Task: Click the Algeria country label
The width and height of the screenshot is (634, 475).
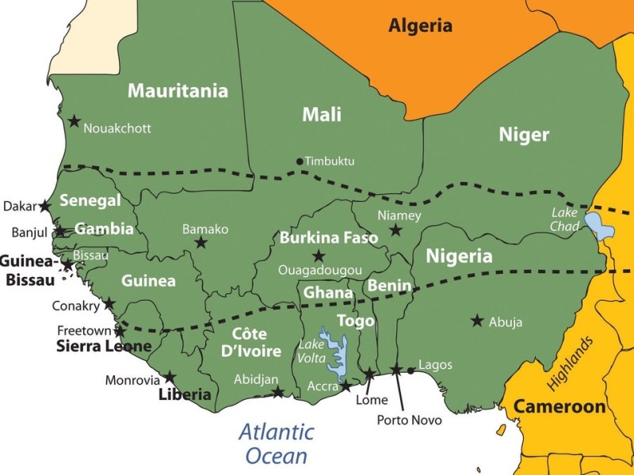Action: click(x=420, y=25)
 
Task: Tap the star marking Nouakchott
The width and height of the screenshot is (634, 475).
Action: click(x=74, y=121)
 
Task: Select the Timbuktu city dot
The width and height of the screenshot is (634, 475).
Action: click(x=300, y=161)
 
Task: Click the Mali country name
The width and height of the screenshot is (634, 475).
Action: click(x=322, y=115)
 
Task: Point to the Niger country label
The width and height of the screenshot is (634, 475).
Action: click(x=524, y=135)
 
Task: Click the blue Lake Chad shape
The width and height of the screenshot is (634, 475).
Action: click(x=598, y=226)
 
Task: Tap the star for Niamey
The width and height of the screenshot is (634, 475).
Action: click(x=395, y=230)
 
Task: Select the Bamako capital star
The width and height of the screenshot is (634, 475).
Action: click(x=201, y=243)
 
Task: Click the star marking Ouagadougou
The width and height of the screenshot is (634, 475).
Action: click(x=319, y=256)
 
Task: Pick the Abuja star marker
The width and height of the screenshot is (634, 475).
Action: click(x=477, y=321)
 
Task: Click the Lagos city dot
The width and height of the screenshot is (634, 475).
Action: click(x=411, y=370)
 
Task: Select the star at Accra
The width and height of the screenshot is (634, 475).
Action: click(x=346, y=386)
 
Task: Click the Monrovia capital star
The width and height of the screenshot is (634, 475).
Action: click(x=170, y=377)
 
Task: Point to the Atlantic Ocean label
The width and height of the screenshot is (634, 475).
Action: click(x=277, y=444)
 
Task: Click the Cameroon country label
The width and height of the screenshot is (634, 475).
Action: click(x=560, y=407)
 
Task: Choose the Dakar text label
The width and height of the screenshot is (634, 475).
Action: click(x=20, y=206)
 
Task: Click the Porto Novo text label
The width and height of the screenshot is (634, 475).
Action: click(x=409, y=420)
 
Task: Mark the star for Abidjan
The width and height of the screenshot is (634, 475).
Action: click(x=278, y=392)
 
